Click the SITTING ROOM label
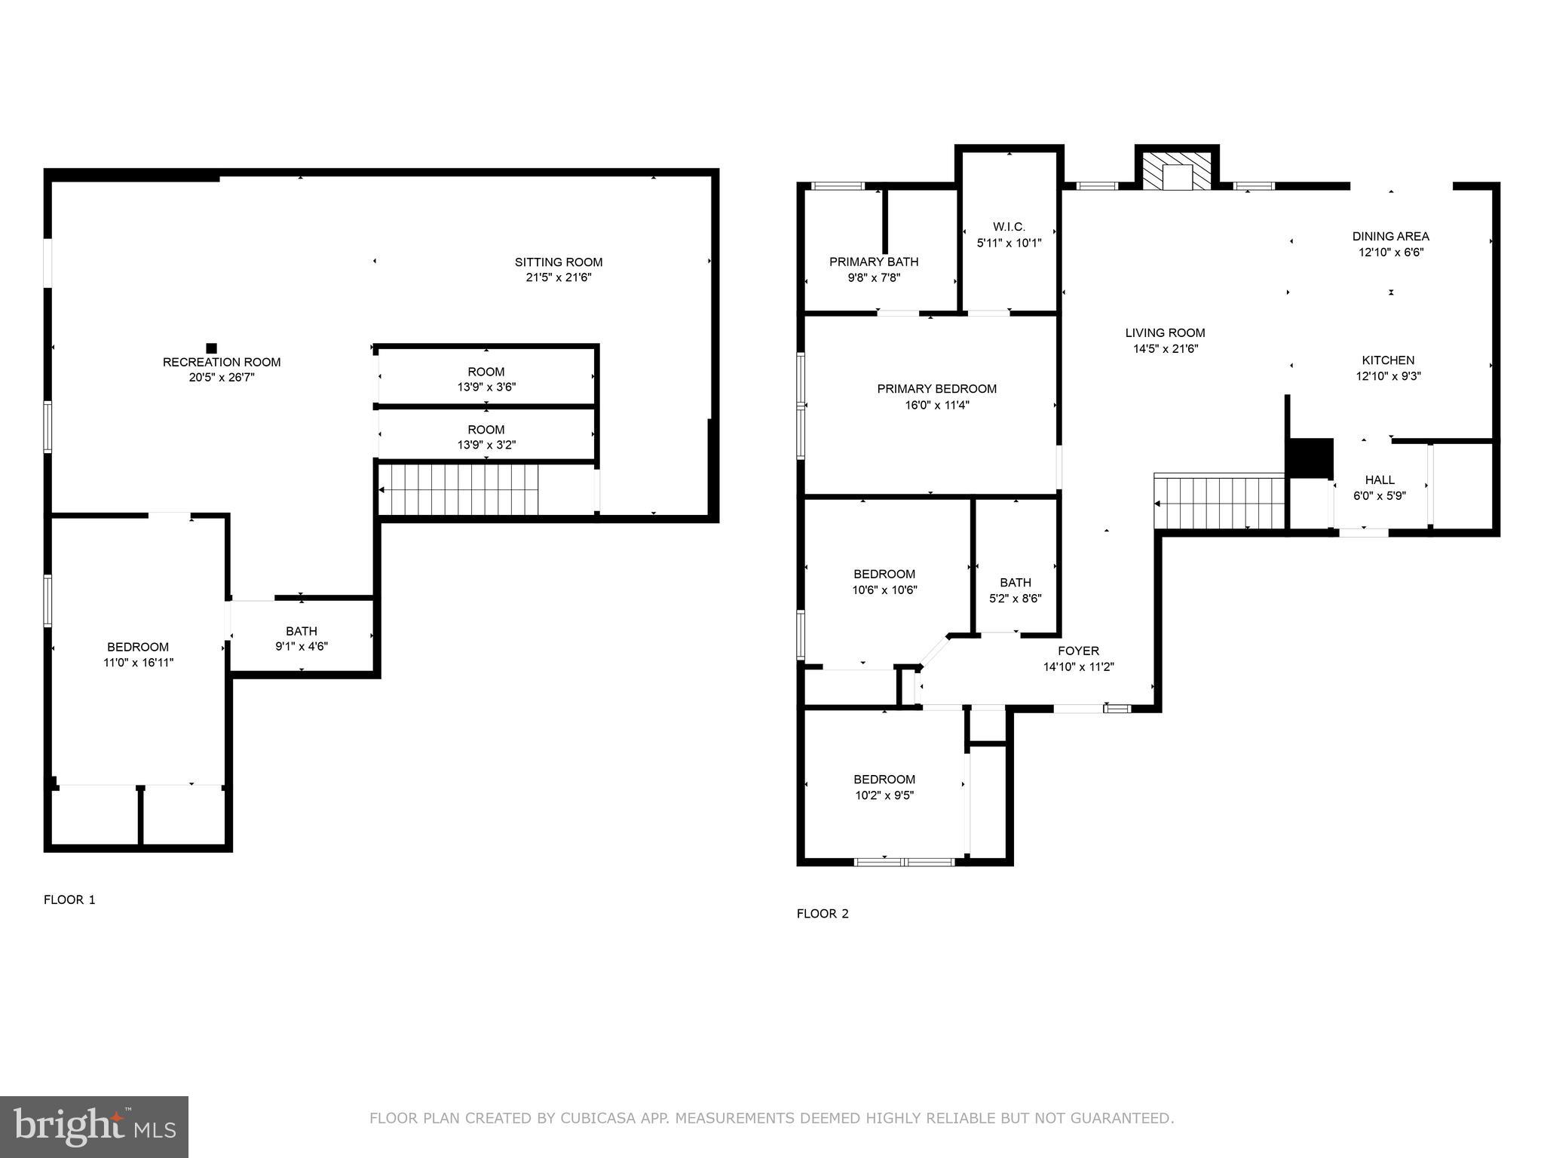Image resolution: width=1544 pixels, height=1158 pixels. [559, 262]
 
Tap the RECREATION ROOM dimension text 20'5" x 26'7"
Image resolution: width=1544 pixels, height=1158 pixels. [222, 378]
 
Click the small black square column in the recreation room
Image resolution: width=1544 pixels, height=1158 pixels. [212, 348]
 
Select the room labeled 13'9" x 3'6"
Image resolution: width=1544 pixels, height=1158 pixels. [486, 379]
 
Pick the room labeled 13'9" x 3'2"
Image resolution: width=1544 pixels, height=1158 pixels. [486, 437]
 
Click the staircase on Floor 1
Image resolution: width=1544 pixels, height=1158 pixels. [460, 489]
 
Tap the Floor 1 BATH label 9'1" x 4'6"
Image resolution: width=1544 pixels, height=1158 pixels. [302, 639]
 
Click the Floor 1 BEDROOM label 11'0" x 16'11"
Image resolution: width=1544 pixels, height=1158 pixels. [138, 654]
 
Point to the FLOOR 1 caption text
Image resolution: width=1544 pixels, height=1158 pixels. [69, 899]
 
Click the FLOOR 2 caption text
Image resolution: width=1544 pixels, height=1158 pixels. [823, 914]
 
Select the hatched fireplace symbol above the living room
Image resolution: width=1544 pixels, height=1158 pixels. [1176, 172]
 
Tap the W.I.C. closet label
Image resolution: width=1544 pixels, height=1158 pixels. [1009, 227]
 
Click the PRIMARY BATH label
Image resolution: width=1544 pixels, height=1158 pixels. [874, 262]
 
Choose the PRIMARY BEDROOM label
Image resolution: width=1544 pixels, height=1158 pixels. [936, 389]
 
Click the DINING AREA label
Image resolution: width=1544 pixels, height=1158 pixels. [1390, 237]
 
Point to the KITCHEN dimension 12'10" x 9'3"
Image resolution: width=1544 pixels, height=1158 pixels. [1388, 376]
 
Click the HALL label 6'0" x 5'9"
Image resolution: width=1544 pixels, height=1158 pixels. [1380, 487]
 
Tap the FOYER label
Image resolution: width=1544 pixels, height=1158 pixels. [1078, 651]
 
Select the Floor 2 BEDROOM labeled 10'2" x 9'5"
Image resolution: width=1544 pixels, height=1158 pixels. [884, 787]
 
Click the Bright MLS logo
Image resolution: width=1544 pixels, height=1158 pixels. [94, 1127]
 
